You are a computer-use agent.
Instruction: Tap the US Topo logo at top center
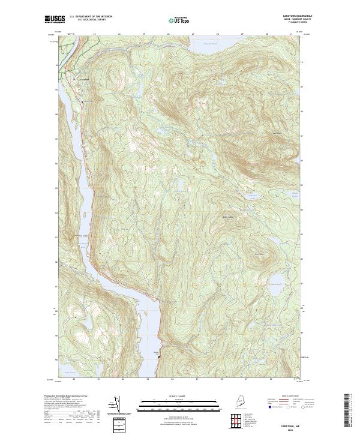pos(179,20)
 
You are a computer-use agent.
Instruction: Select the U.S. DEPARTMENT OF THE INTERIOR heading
pos(90,17)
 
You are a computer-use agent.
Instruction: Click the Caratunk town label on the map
pos(85,82)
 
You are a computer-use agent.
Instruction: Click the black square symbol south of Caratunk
pos(80,102)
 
